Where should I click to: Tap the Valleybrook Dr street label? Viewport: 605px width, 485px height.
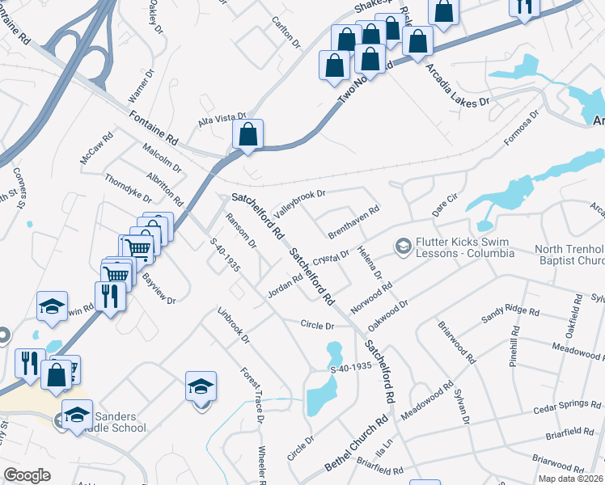(298, 200)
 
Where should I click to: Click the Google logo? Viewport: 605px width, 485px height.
(27, 474)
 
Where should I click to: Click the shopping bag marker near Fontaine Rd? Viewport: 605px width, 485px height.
(247, 134)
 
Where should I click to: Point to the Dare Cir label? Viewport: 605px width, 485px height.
(445, 204)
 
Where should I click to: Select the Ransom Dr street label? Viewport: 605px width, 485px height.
(240, 230)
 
